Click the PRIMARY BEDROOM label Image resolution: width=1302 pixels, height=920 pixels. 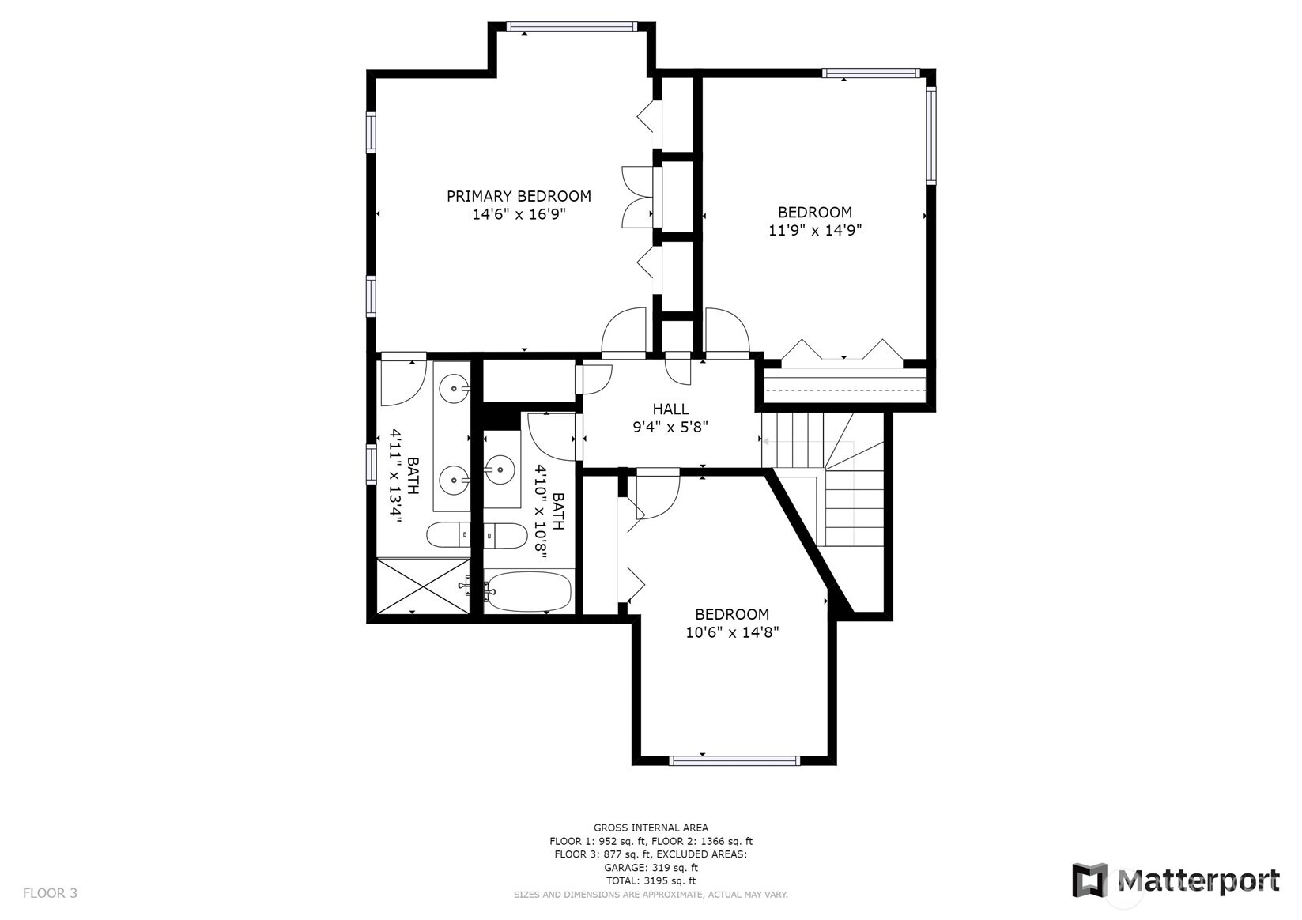[519, 196]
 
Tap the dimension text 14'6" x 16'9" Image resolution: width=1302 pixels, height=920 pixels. [519, 214]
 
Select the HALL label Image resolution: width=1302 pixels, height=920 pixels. [670, 409]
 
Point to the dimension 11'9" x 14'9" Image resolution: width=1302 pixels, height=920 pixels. [814, 230]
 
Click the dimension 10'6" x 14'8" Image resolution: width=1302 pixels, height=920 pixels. [731, 632]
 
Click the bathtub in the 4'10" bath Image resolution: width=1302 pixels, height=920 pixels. [528, 591]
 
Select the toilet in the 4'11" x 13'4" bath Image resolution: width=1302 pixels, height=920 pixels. [447, 536]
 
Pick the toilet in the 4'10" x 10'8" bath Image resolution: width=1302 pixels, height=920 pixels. [506, 536]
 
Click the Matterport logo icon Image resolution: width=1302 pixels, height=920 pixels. [1089, 880]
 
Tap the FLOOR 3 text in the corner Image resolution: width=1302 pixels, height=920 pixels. [50, 893]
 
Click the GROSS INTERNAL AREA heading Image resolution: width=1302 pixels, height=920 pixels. [651, 828]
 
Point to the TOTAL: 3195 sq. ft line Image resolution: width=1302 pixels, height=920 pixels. [651, 880]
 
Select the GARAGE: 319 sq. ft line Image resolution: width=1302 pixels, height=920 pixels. [651, 867]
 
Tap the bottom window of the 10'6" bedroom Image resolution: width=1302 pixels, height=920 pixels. [734, 760]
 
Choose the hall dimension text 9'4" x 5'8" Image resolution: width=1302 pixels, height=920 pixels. [670, 427]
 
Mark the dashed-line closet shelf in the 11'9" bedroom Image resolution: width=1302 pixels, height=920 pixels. [845, 386]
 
